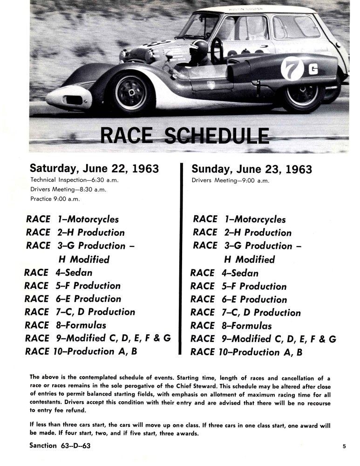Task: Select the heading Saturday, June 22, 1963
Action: [x=94, y=168]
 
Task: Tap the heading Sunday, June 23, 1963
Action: [x=251, y=169]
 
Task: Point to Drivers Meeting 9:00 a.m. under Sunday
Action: [x=230, y=180]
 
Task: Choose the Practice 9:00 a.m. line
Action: [x=54, y=199]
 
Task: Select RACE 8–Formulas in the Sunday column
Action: [x=231, y=325]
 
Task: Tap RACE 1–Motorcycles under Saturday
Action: [x=72, y=219]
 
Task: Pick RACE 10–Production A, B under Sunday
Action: [x=246, y=352]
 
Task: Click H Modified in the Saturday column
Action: [x=84, y=259]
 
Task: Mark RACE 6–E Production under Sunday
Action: [x=238, y=299]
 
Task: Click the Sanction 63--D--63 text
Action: [x=60, y=446]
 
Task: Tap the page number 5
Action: [x=344, y=446]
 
